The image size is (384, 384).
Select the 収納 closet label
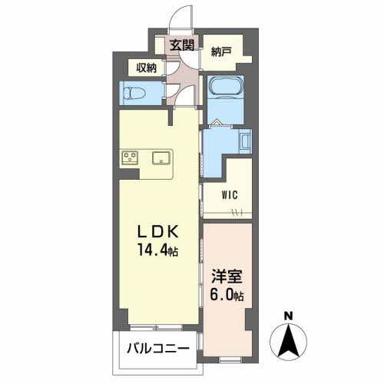pos(146,68)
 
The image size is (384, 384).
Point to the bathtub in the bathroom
pos(225,87)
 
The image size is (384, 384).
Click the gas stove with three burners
pos(130,157)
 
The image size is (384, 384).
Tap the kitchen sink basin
pos(161,157)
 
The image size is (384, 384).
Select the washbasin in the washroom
pos(245,141)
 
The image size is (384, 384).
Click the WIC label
pos(230,195)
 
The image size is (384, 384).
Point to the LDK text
pos(158,232)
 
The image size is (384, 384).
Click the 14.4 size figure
pos(154,250)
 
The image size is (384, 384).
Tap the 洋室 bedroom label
pos(227,276)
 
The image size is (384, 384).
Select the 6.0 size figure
pos(222,295)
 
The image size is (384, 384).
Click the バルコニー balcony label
pos(158,349)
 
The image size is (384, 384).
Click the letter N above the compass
pos(289,316)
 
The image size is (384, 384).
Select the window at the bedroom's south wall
pos(230,360)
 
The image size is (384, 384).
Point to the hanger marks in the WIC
pos(237,212)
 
